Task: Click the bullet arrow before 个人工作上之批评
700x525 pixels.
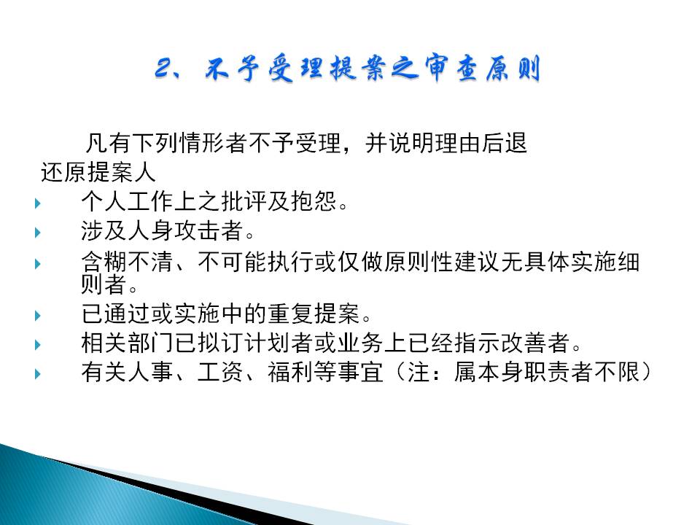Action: pyautogui.click(x=38, y=203)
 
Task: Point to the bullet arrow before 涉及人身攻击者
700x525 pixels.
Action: pyautogui.click(x=38, y=232)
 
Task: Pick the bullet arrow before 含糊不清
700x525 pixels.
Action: pyautogui.click(x=38, y=264)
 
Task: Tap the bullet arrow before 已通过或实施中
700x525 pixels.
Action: pyautogui.click(x=38, y=316)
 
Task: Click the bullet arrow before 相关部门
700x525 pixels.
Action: pyautogui.click(x=38, y=345)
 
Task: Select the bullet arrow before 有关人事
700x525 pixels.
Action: pyautogui.click(x=38, y=373)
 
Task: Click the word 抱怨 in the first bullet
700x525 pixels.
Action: pyautogui.click(x=314, y=201)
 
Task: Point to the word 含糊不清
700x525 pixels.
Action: pyautogui.click(x=128, y=262)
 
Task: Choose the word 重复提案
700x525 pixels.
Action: pyautogui.click(x=314, y=314)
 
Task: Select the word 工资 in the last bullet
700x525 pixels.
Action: pyautogui.click(x=220, y=371)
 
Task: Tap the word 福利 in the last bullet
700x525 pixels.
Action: pyautogui.click(x=291, y=371)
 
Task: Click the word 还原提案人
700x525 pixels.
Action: pyautogui.click(x=98, y=172)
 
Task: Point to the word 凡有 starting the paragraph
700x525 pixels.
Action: pyautogui.click(x=108, y=143)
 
